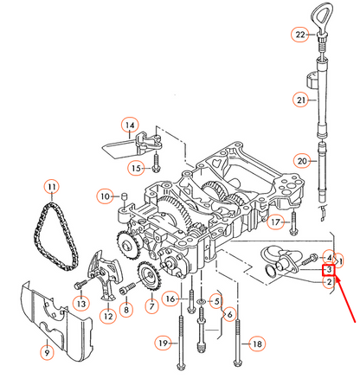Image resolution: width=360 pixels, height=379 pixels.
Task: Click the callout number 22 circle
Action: pos(300,35)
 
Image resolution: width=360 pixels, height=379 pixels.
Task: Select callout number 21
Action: pos(300,101)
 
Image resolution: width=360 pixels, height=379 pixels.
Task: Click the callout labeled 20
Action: pos(300,160)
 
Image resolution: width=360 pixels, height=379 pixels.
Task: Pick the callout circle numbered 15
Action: pos(135,166)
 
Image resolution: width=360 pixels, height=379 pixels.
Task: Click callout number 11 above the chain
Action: pos(51,188)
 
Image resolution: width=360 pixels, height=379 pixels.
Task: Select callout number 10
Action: pos(105,196)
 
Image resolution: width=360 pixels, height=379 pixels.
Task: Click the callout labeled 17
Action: pos(275,222)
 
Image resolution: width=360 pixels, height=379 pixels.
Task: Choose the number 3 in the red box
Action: pos(328,271)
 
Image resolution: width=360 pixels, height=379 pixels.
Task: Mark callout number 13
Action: pos(80,303)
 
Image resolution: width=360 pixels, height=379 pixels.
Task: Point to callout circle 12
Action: pos(108,317)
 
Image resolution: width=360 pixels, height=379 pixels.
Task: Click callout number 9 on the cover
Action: pos(47,352)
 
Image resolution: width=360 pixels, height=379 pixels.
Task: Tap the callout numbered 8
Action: pos(126,309)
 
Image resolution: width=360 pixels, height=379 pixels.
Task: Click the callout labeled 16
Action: pos(170,299)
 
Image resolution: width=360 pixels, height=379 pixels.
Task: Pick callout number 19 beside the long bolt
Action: pos(162,344)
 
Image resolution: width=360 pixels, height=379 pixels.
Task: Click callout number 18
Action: pos(254,344)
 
